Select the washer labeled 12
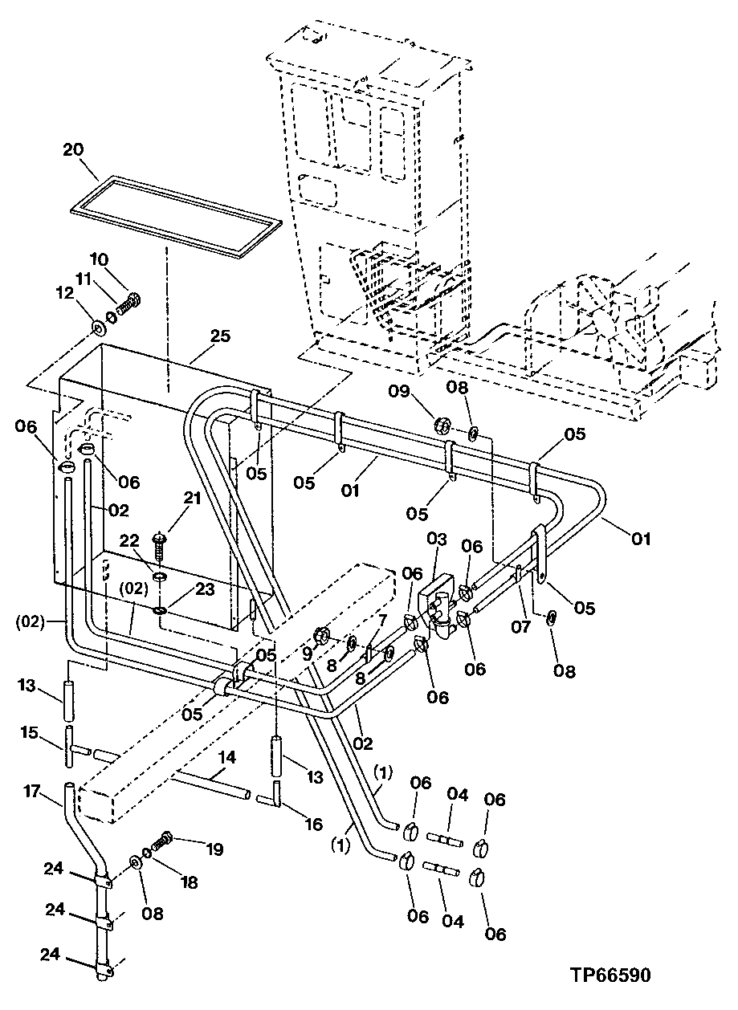point(100,328)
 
